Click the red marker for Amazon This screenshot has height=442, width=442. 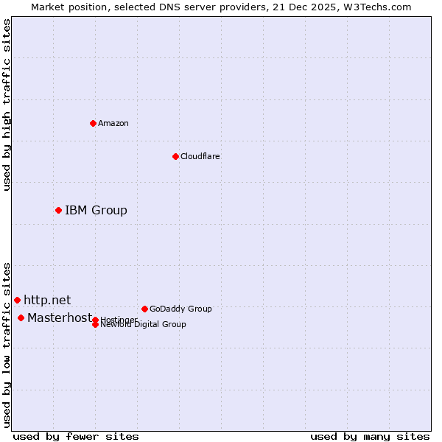pyautogui.click(x=93, y=123)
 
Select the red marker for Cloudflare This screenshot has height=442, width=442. pyautogui.click(x=175, y=156)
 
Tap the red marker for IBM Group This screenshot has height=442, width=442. pyautogui.click(x=58, y=211)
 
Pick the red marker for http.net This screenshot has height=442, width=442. pyautogui.click(x=17, y=300)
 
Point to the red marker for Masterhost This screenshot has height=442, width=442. pyautogui.click(x=21, y=318)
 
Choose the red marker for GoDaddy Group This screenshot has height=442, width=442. pyautogui.click(x=144, y=309)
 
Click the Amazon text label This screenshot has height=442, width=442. pyautogui.click(x=113, y=123)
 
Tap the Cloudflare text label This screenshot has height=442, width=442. pyautogui.click(x=200, y=156)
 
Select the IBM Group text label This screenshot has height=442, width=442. pyautogui.click(x=96, y=211)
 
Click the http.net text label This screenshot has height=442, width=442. pyautogui.click(x=47, y=300)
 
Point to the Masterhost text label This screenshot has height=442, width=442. pyautogui.click(x=59, y=318)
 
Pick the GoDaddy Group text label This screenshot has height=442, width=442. pyautogui.click(x=180, y=309)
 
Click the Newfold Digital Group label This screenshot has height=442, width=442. pyautogui.click(x=144, y=325)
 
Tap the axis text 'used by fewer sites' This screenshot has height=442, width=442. pyautogui.click(x=76, y=436)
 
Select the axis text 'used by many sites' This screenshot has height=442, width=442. pyautogui.click(x=370, y=436)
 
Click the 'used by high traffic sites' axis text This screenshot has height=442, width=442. pyautogui.click(x=7, y=105)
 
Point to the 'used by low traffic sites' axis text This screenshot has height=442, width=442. pyautogui.click(x=7, y=345)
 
